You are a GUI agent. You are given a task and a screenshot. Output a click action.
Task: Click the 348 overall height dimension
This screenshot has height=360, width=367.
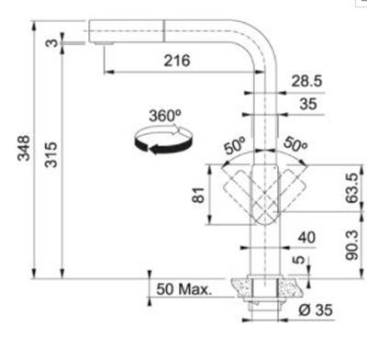[24, 148]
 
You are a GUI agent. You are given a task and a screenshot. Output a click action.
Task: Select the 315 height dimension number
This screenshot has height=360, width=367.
[50, 154]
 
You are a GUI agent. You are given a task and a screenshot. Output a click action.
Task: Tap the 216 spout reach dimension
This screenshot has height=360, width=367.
[177, 61]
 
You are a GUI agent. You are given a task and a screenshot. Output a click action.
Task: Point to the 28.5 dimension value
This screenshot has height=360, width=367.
[306, 81]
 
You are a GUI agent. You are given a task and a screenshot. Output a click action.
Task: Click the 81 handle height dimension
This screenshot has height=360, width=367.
[198, 195]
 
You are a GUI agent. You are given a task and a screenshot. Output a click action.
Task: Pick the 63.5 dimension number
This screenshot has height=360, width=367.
[351, 187]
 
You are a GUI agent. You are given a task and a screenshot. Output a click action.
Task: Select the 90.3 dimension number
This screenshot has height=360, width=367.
[351, 245]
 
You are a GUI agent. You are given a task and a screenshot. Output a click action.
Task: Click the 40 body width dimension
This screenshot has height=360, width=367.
[306, 237]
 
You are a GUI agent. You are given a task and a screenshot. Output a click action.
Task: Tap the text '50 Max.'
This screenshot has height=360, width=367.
[183, 289]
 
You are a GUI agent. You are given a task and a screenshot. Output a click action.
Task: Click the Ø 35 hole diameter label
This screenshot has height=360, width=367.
[316, 310]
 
